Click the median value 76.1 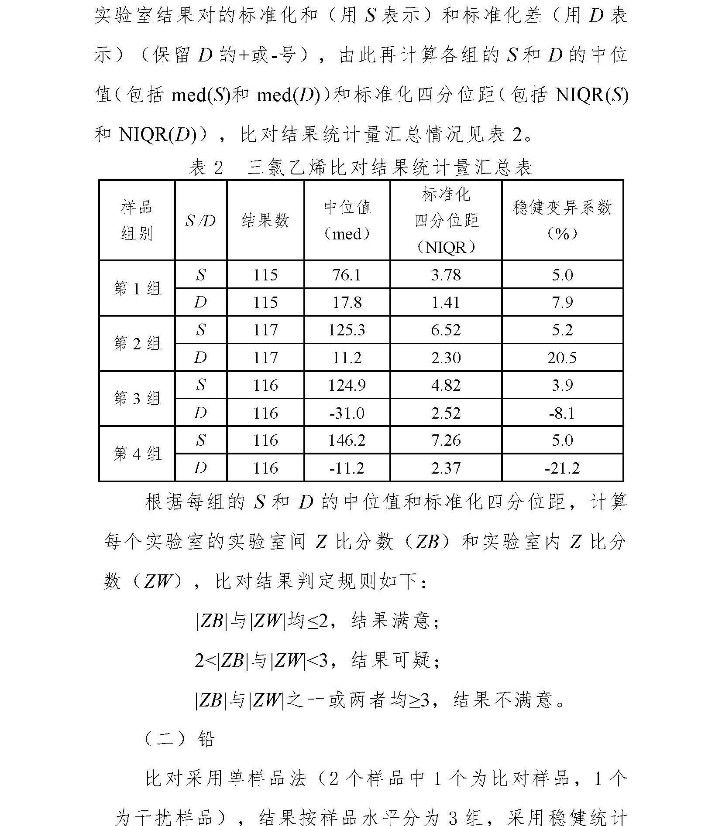point(347,275)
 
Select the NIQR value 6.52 point(446,330)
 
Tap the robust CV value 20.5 point(562,358)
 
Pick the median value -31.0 point(347,413)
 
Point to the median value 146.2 point(347,440)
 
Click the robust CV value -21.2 point(562,468)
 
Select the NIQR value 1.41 point(446,302)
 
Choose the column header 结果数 point(265,221)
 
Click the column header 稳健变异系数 point(562,208)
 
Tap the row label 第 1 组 point(137,289)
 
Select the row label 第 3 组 point(137,399)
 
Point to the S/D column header point(200,221)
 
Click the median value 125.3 point(347,330)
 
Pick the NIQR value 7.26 point(446,440)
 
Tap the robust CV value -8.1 point(562,413)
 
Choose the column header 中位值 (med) point(347,221)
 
